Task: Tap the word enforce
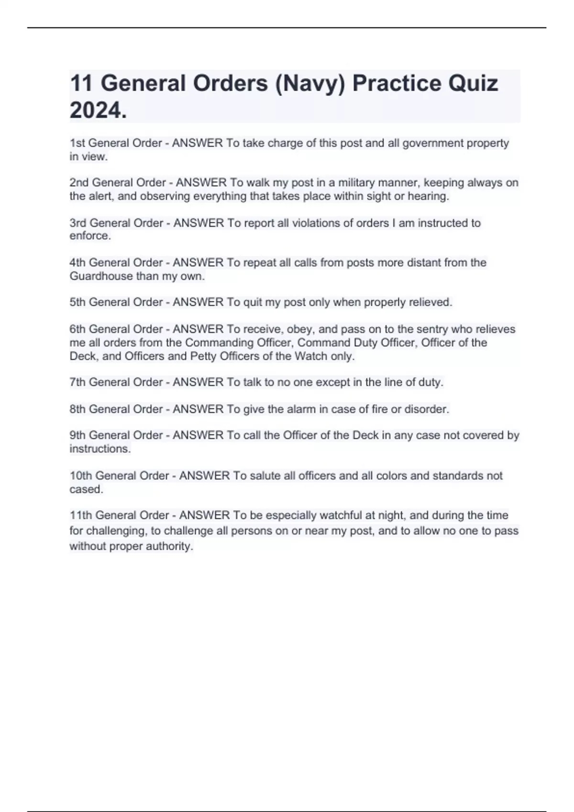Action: [x=89, y=236]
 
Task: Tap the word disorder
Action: [x=426, y=409]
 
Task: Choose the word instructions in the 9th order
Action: [x=99, y=449]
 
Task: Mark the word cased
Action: [x=86, y=489]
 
